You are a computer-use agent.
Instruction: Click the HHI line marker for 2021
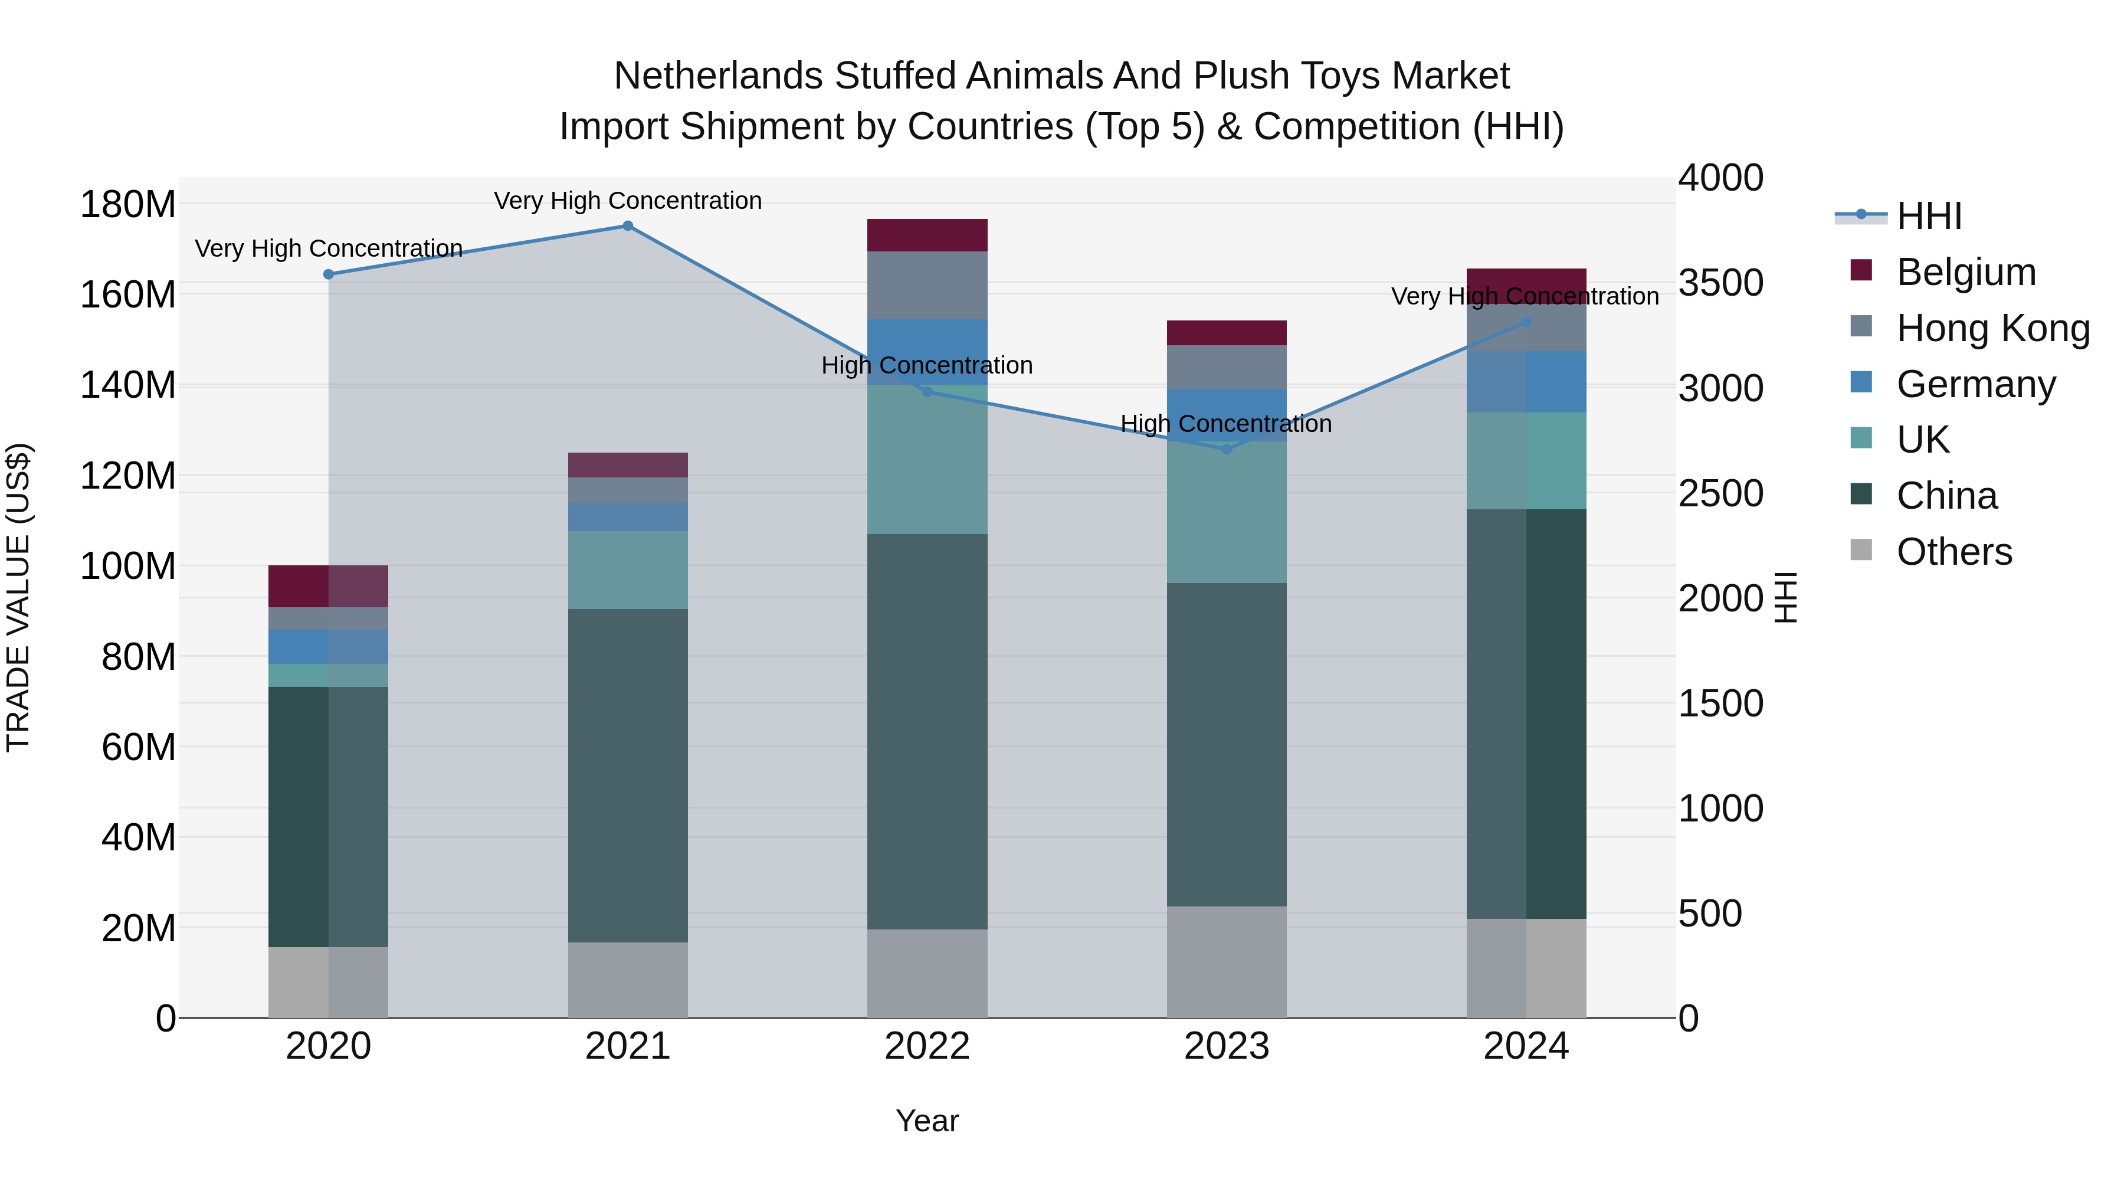[x=628, y=226]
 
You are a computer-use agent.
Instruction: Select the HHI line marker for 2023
[x=1226, y=450]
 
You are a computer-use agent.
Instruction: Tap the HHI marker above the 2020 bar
[x=328, y=274]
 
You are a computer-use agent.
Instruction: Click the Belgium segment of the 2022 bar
[x=927, y=235]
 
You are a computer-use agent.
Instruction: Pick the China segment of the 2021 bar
[x=628, y=775]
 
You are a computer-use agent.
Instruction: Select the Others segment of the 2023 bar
[x=1226, y=962]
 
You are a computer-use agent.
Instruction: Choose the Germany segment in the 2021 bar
[x=628, y=517]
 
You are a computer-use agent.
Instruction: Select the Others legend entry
[x=1953, y=552]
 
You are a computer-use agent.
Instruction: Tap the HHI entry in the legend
[x=1929, y=216]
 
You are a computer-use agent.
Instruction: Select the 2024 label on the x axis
[x=1525, y=1046]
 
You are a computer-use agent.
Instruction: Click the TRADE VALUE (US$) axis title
[x=19, y=597]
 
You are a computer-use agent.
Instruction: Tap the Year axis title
[x=927, y=1121]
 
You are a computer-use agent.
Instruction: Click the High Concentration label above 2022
[x=927, y=365]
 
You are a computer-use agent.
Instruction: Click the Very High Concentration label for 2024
[x=1525, y=296]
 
